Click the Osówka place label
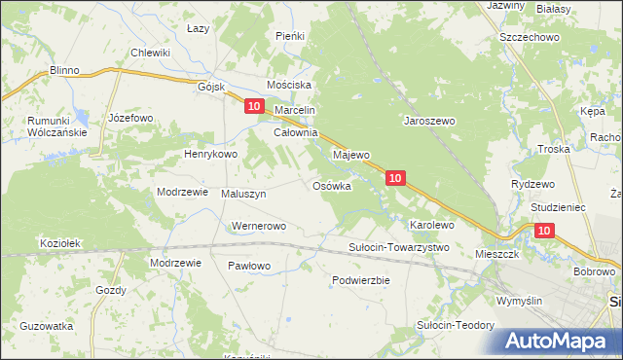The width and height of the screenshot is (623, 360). pos(331,186)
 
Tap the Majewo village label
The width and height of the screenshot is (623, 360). pos(351,155)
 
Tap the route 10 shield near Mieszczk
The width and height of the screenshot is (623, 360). pos(543,230)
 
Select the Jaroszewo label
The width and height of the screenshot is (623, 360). pos(429,122)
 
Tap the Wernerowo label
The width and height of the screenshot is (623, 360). pos(257,227)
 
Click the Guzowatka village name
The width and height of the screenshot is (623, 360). pos(46,326)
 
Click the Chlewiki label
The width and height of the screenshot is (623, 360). pos(151,53)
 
